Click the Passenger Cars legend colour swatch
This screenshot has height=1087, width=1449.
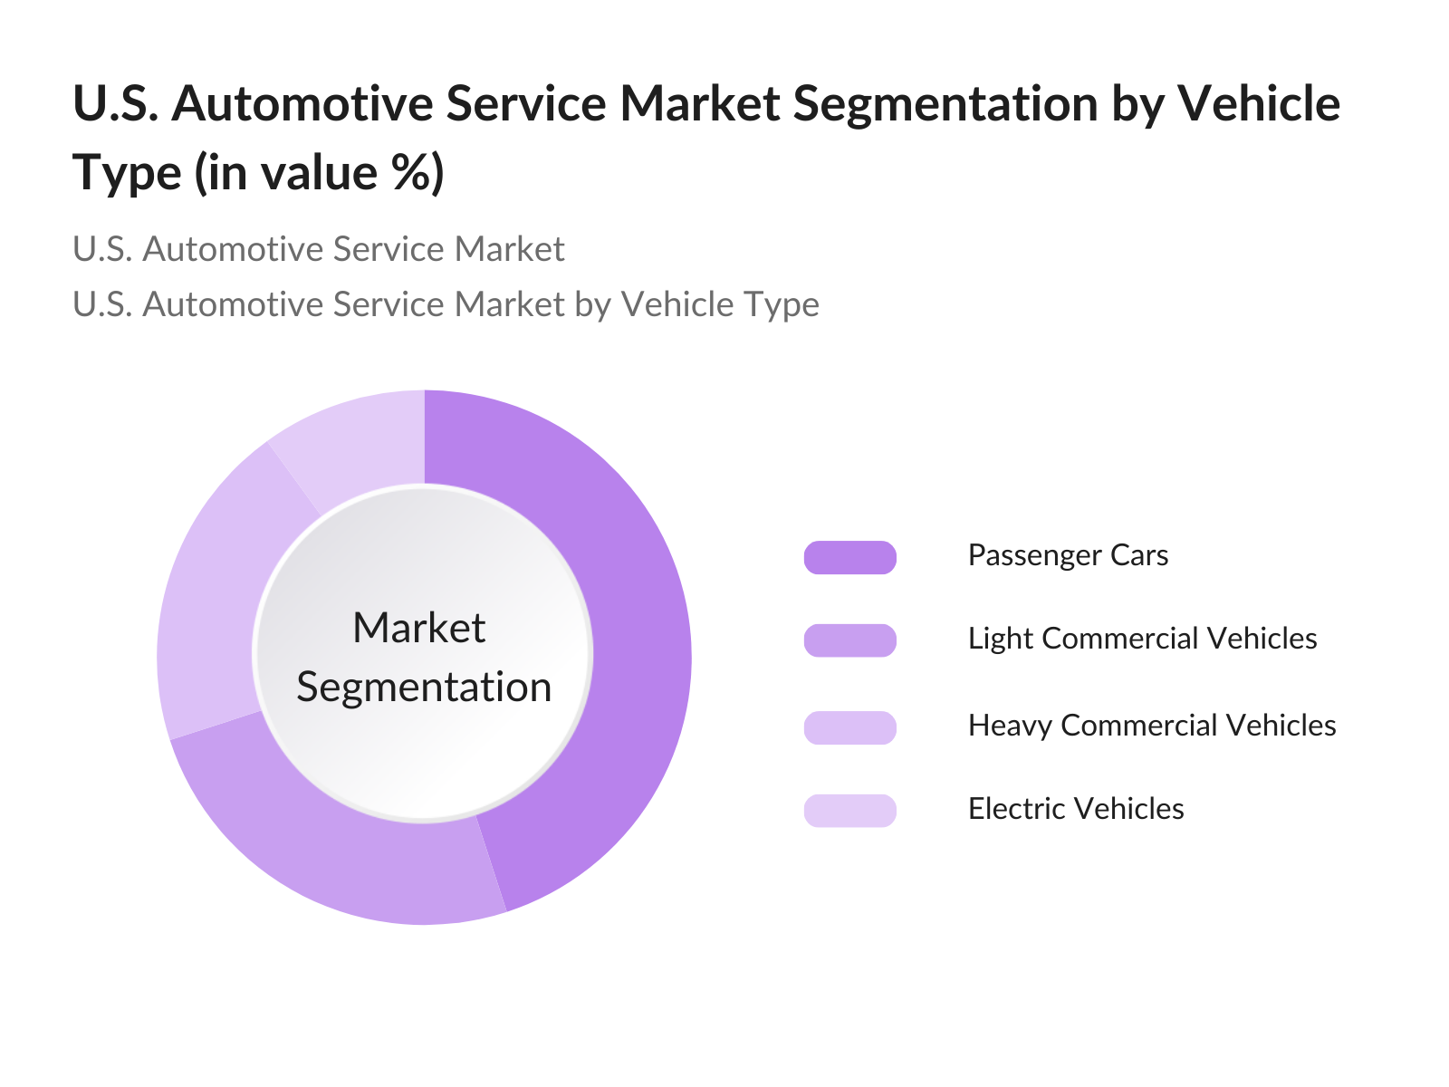click(849, 557)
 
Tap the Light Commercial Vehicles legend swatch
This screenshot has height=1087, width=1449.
click(849, 640)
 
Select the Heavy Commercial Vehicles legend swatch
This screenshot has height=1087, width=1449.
click(849, 727)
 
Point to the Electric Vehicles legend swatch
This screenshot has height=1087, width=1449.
click(849, 811)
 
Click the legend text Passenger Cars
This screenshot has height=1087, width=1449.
click(1068, 555)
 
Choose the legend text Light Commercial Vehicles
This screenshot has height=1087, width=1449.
click(1142, 639)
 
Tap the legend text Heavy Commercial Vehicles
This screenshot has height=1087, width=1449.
click(1152, 726)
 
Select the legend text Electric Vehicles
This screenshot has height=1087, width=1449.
click(1076, 809)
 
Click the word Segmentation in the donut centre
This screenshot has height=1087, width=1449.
click(424, 688)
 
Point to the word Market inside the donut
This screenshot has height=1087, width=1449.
click(418, 628)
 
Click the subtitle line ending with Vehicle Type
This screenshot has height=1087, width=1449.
click(446, 304)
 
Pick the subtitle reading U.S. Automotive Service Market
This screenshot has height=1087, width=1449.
click(318, 249)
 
